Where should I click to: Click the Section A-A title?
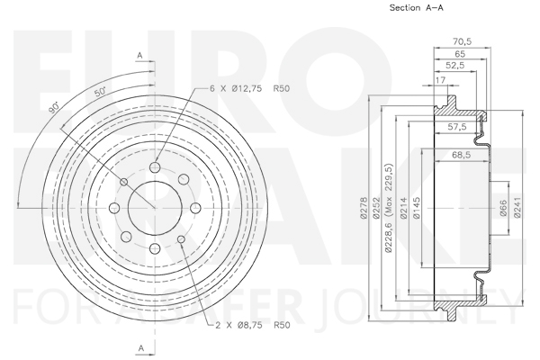(x=417, y=7)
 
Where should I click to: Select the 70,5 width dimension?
(x=462, y=41)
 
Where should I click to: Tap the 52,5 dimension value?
(x=455, y=66)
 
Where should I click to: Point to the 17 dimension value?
(x=440, y=80)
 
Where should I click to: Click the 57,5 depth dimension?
(x=457, y=127)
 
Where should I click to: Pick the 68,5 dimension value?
(x=461, y=155)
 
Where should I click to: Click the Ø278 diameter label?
(x=364, y=208)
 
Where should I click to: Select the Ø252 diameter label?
(x=376, y=208)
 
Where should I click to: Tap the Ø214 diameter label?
(x=404, y=208)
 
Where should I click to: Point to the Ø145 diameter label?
(x=417, y=208)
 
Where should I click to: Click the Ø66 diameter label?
(x=503, y=208)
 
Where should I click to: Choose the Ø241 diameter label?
(x=517, y=208)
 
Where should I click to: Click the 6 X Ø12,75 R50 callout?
(x=249, y=88)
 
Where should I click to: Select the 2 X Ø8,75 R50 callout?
(x=253, y=325)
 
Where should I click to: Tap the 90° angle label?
(x=54, y=108)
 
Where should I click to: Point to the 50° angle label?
(x=101, y=92)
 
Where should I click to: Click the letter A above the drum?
(x=139, y=55)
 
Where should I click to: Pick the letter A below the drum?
(x=141, y=348)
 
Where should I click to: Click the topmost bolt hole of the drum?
(x=155, y=167)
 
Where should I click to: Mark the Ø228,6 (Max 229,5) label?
(x=389, y=208)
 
